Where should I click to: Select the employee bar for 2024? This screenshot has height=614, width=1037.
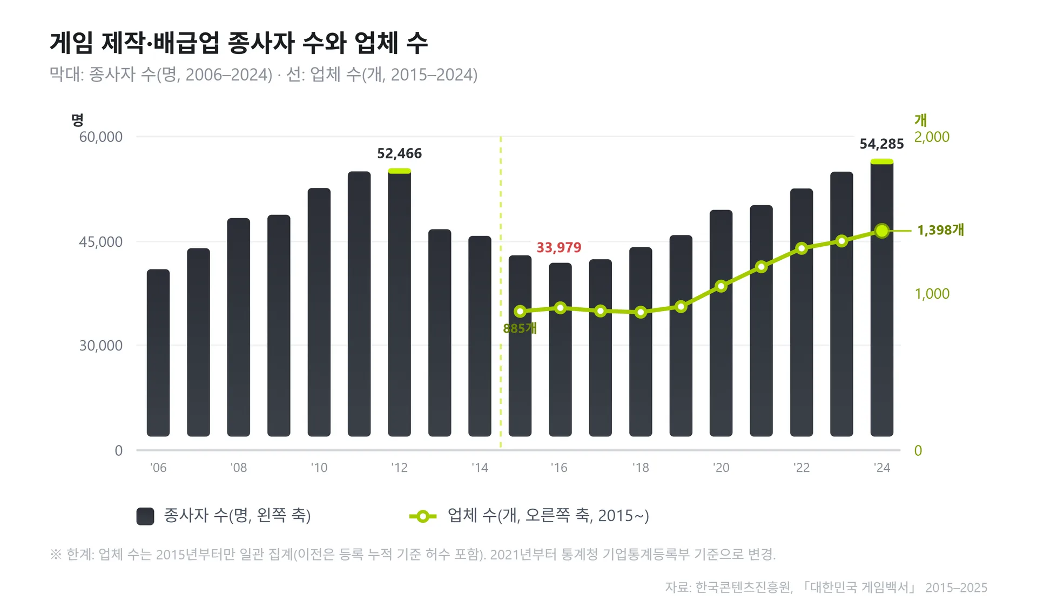882,298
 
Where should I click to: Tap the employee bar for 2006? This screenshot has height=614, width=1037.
158,353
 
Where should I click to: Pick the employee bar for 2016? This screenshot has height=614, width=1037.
560,349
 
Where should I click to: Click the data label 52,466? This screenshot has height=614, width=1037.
399,153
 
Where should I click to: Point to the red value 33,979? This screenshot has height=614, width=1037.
558,247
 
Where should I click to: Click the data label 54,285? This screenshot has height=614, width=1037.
881,144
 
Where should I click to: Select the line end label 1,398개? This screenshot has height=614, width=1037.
940,230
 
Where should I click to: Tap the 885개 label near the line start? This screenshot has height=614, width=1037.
520,328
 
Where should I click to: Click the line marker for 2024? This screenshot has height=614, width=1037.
882,231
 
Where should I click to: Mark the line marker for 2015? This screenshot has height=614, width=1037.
520,311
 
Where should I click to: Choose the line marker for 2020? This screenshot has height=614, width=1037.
721,286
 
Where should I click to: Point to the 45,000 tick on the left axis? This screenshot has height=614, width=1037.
101,241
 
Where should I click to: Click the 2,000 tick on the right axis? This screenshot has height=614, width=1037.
932,137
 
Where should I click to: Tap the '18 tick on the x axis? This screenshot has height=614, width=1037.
641,468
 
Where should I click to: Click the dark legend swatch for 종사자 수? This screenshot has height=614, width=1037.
145,516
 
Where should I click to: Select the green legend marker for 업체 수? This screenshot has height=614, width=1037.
423,517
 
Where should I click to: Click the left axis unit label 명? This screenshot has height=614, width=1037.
77,120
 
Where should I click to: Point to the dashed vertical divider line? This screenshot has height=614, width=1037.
501,292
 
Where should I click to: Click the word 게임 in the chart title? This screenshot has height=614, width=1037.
71,42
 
